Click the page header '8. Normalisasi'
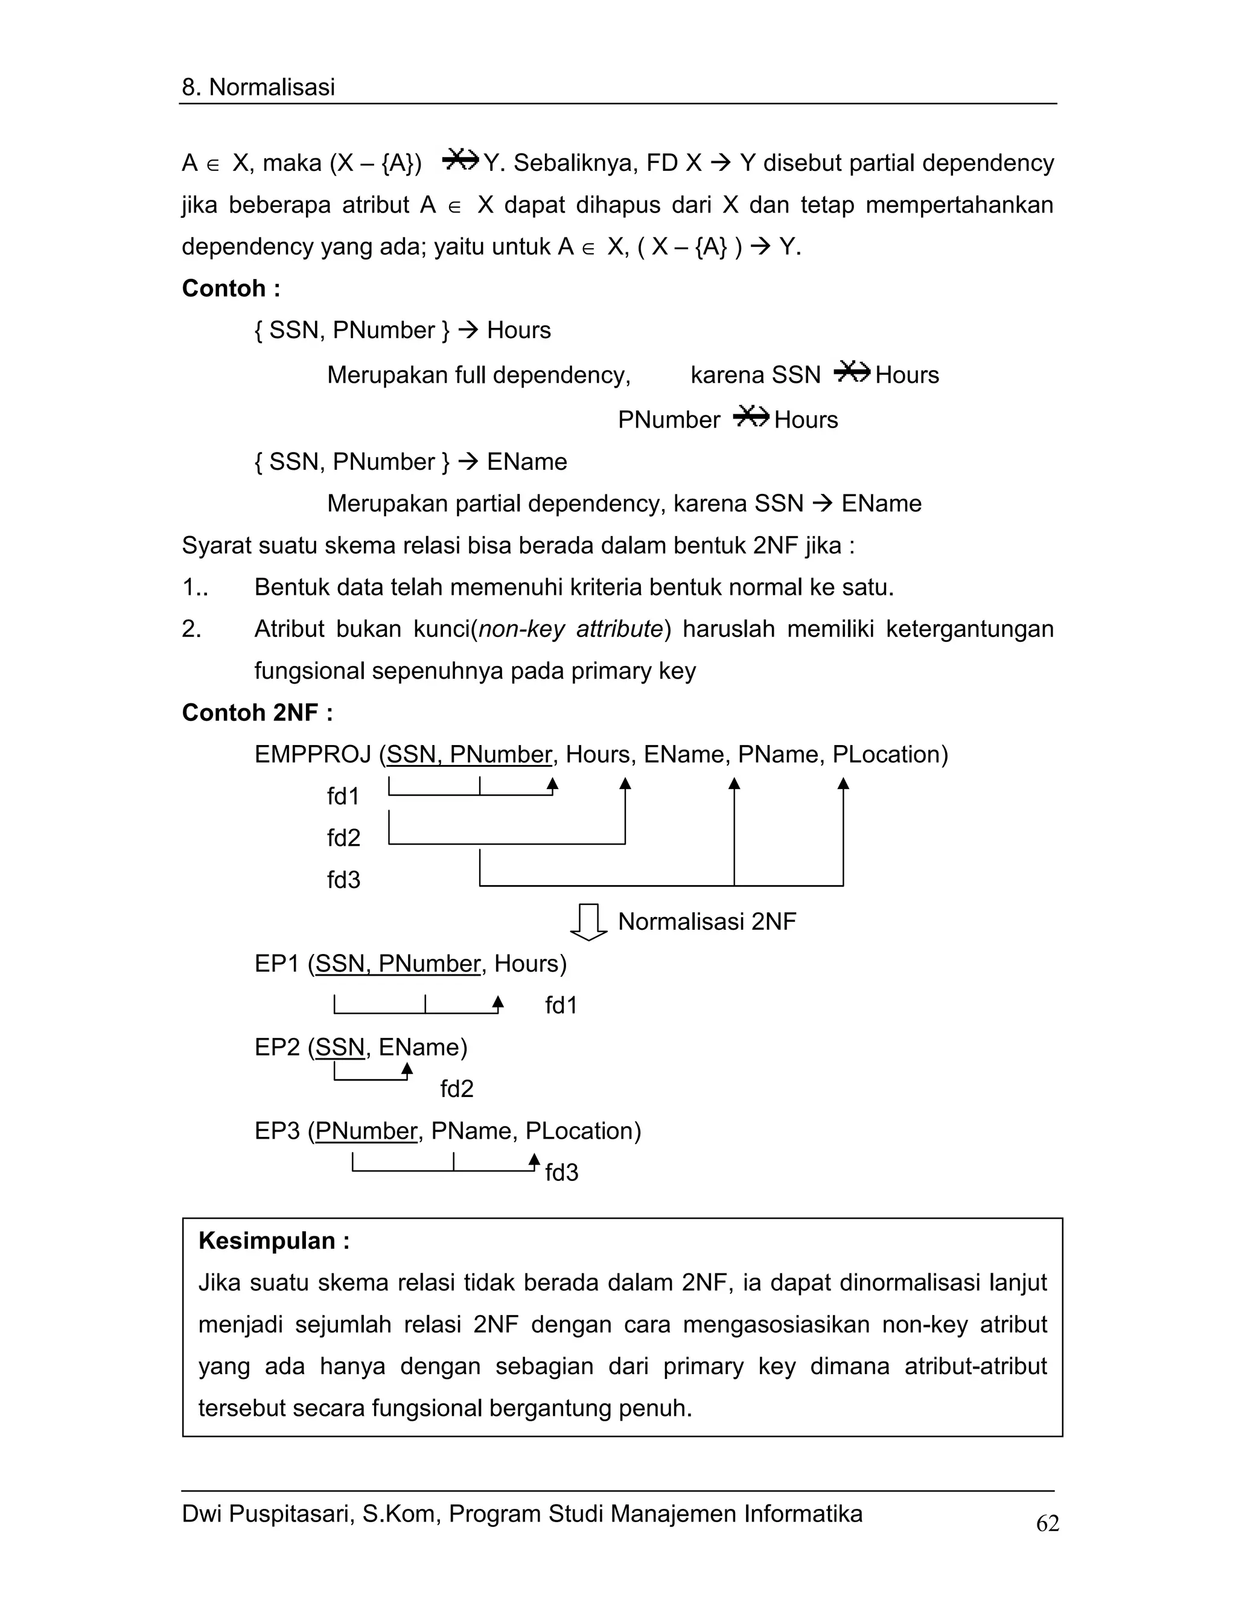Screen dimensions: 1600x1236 tap(258, 87)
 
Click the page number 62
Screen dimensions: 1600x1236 tap(1047, 1523)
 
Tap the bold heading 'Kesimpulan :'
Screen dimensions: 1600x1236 tap(274, 1240)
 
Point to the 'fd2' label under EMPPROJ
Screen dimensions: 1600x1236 tap(343, 837)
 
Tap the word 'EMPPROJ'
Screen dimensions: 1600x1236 tap(313, 754)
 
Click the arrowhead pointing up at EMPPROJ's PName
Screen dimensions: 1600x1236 tap(734, 784)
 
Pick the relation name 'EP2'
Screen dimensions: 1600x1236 tap(277, 1047)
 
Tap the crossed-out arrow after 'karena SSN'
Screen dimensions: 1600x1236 tap(851, 373)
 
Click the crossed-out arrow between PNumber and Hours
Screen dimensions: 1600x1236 tap(751, 418)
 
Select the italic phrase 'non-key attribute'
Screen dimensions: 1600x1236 tap(570, 629)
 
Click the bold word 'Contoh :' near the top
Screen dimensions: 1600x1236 tap(231, 288)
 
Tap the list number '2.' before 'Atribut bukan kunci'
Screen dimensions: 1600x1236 tap(191, 629)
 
